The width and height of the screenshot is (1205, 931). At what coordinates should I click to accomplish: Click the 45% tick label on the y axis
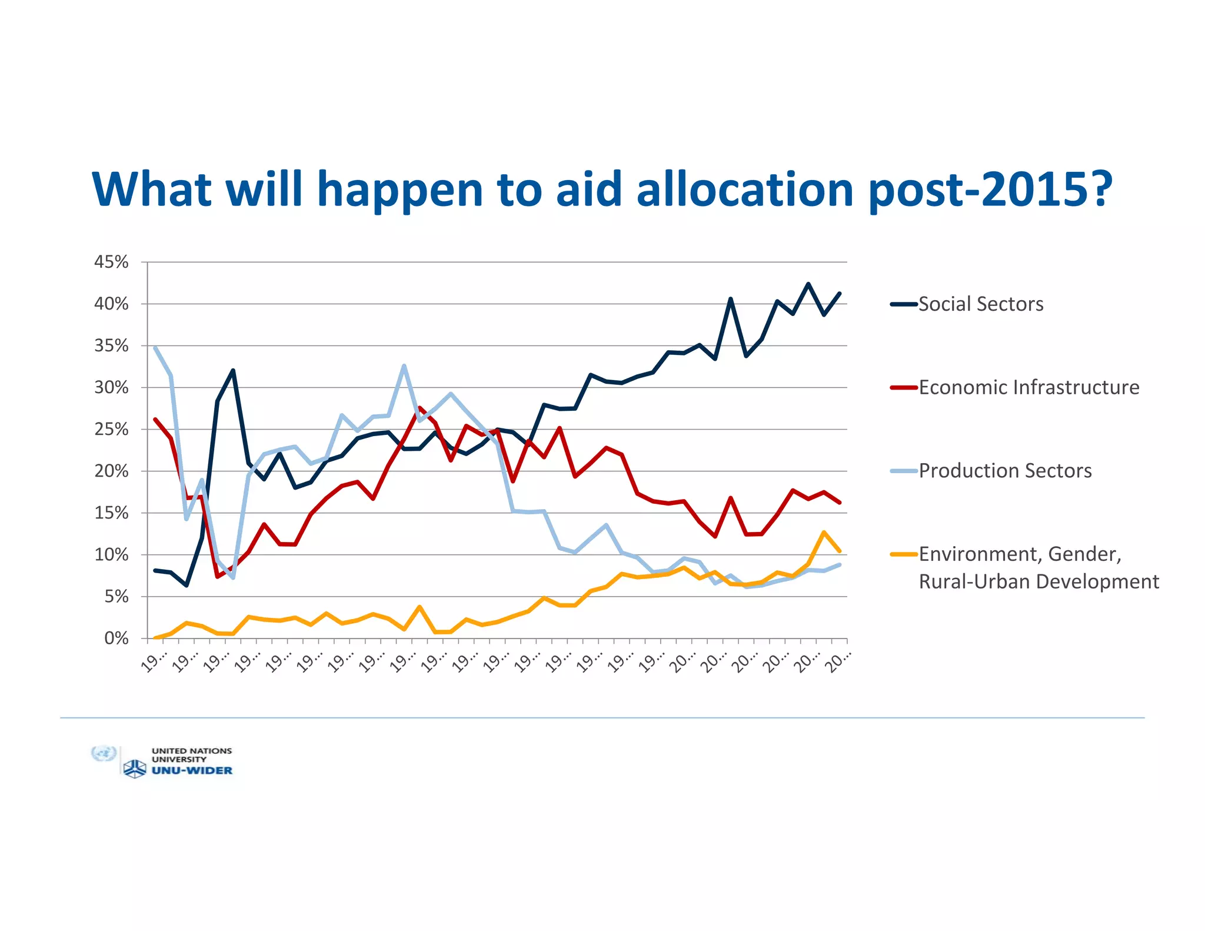tap(111, 262)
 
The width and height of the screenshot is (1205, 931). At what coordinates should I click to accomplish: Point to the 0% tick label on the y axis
tap(116, 639)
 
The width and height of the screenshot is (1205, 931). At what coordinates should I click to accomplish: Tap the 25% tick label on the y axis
tap(111, 430)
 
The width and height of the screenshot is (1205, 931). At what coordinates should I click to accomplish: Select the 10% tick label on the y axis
tap(111, 555)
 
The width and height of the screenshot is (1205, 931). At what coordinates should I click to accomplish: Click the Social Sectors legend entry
tap(980, 304)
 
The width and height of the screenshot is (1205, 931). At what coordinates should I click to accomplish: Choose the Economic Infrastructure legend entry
tap(1028, 388)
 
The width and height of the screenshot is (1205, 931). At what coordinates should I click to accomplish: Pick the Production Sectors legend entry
tap(1005, 471)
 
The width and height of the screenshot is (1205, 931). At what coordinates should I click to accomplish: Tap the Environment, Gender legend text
tap(1020, 554)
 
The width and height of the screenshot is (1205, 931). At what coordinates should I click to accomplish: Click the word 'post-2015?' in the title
tap(990, 189)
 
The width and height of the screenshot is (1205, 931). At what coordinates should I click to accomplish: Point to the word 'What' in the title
tap(152, 189)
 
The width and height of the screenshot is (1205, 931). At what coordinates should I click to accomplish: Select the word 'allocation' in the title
tap(745, 189)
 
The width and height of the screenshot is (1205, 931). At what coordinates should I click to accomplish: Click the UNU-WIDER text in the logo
tap(192, 771)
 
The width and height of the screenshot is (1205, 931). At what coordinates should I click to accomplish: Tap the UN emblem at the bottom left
tap(104, 754)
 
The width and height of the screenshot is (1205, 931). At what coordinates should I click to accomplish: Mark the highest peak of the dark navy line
tap(808, 284)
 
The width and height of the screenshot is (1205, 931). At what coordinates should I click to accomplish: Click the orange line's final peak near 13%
tap(824, 533)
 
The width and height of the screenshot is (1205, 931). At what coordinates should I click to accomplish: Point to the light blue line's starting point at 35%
tap(155, 348)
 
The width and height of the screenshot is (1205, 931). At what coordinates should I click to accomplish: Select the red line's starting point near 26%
tap(155, 420)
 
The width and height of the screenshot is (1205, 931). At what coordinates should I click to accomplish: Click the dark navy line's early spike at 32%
tap(233, 371)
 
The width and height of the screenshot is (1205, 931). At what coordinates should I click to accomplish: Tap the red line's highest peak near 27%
tap(420, 408)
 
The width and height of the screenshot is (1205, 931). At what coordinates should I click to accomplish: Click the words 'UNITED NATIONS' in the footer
tap(192, 751)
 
